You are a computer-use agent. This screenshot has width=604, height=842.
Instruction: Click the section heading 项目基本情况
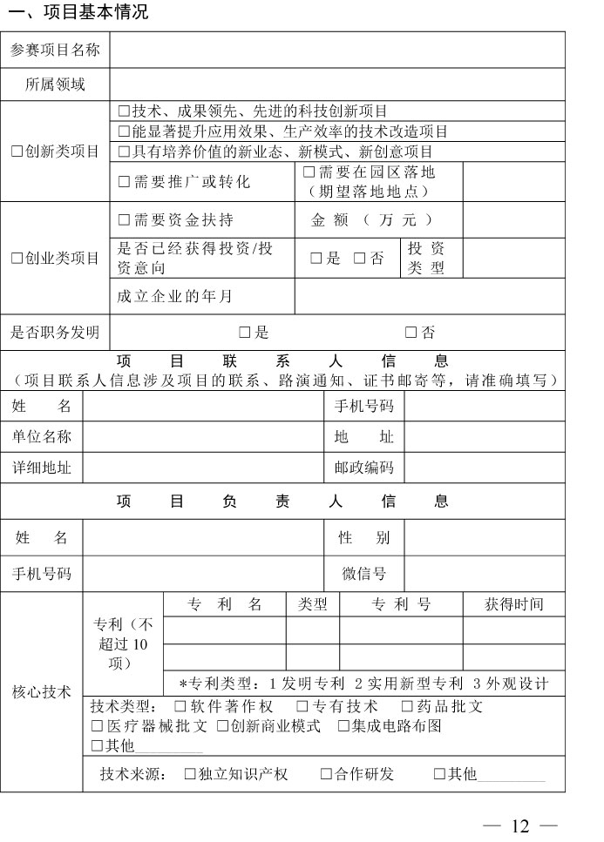pos(76,12)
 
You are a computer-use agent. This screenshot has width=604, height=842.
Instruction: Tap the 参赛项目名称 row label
pos(55,51)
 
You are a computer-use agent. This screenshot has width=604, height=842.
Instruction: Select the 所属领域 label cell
pos(55,84)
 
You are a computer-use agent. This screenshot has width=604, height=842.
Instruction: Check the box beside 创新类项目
pos(17,152)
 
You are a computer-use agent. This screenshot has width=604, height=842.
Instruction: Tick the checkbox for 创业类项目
pos(17,259)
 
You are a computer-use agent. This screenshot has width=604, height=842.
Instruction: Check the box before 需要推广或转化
pos(124,182)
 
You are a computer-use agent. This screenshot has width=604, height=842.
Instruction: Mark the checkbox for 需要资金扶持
pos(124,220)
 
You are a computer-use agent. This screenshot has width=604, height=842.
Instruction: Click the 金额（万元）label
pos(372,220)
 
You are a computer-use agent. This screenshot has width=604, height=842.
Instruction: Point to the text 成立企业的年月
pos(175,296)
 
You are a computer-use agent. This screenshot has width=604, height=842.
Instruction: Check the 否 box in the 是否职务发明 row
pos(411,333)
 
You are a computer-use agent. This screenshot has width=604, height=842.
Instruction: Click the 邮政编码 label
pos(364,468)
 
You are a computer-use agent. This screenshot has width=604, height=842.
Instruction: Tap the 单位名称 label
pos(42,436)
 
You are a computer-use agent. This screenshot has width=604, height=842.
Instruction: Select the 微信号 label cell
pos(364,573)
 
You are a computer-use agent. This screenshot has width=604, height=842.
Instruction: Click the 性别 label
pos(364,538)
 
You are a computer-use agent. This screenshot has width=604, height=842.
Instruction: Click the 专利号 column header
pos(401,604)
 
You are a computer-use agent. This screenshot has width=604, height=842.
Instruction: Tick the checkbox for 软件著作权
pos(180,707)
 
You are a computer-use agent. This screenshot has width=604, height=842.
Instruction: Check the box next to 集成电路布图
pos(344,726)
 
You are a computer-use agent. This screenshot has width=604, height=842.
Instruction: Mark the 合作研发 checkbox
pos(326,774)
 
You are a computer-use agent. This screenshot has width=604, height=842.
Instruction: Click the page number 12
pos(521,826)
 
